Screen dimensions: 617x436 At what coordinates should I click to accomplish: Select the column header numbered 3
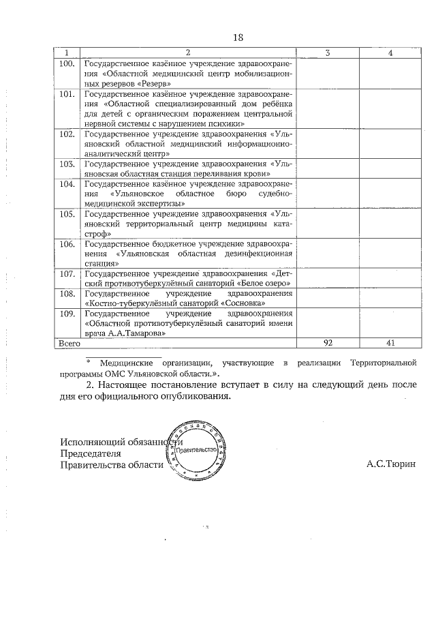click(x=328, y=53)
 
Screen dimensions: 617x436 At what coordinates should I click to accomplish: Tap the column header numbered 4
click(x=390, y=53)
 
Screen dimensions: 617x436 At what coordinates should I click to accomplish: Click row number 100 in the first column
click(x=67, y=64)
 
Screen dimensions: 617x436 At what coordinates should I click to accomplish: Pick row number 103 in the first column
click(x=67, y=164)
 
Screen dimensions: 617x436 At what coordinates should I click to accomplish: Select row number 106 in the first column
click(x=67, y=243)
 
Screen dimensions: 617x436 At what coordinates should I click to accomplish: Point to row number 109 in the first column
click(x=67, y=314)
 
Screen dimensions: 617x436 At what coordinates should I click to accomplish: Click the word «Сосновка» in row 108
click(x=243, y=303)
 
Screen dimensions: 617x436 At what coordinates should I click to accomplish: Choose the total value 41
click(x=390, y=344)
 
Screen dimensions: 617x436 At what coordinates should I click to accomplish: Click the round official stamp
click(x=195, y=452)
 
